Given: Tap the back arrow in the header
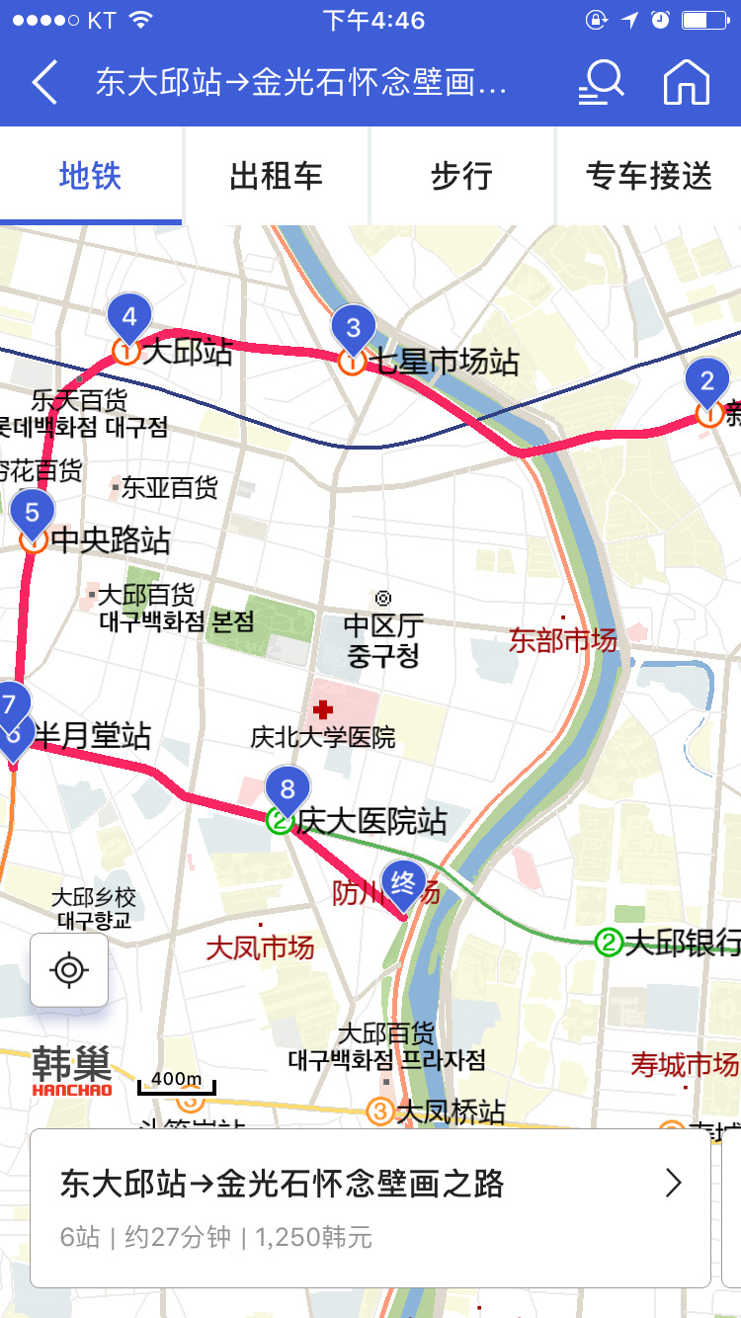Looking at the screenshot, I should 45,82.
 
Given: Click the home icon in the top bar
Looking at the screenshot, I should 687,82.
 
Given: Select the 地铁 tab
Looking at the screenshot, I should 90,176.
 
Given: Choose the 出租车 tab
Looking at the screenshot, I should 277,176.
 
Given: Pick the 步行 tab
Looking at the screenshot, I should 461,176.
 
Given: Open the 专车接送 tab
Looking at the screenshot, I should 648,176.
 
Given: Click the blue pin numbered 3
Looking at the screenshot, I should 353,326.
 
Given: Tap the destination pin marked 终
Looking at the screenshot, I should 402,882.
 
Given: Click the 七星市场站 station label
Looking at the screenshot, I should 444,363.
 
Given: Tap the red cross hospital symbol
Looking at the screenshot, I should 322,709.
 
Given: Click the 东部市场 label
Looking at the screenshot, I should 563,640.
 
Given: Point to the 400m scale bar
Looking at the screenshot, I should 176,1082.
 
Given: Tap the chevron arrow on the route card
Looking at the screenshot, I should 673,1183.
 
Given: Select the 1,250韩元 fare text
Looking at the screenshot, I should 313,1237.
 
